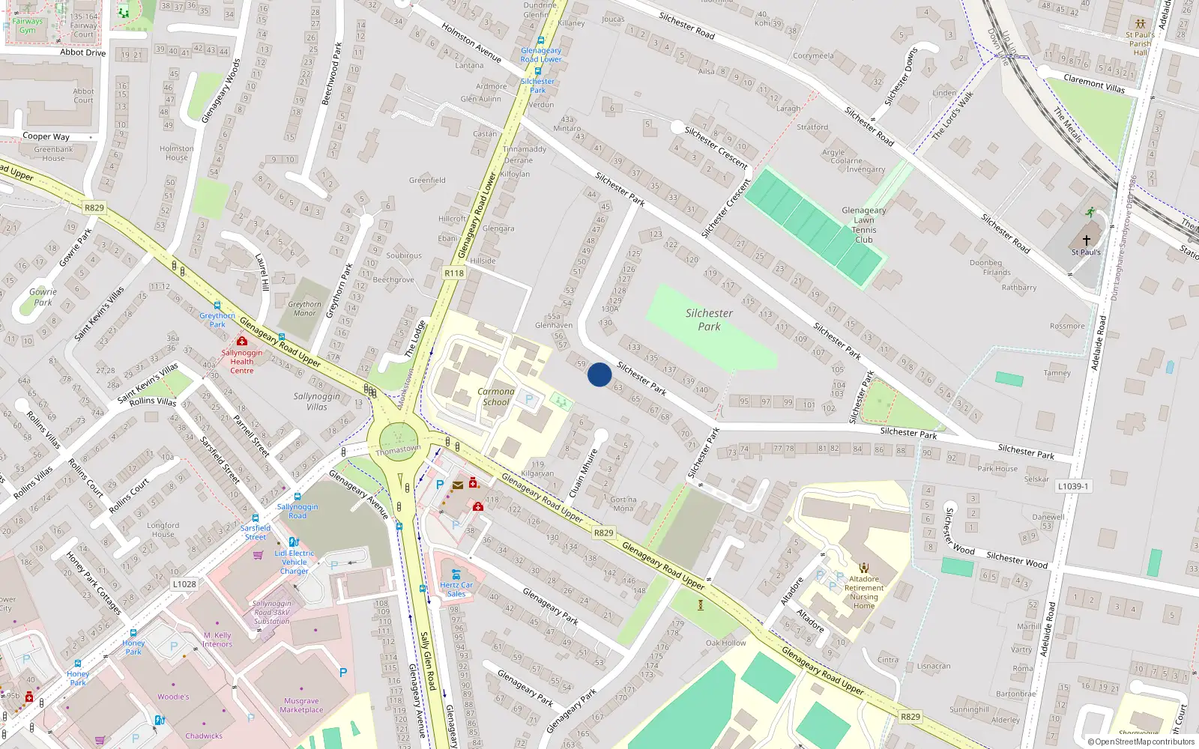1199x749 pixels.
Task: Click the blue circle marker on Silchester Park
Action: [599, 374]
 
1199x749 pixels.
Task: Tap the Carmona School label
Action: [496, 397]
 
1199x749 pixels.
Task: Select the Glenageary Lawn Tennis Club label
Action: [863, 225]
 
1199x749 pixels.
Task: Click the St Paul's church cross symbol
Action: [1086, 240]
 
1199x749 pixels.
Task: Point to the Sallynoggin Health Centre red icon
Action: [241, 341]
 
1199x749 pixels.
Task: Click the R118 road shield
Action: [454, 273]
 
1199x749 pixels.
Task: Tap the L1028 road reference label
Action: [184, 584]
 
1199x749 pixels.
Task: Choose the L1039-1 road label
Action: [1073, 486]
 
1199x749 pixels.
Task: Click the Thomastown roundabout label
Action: [398, 450]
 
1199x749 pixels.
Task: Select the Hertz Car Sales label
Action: [456, 589]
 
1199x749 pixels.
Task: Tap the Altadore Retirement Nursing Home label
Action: [864, 592]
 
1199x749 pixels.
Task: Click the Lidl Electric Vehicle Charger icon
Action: [294, 542]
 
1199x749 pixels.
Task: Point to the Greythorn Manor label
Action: [304, 309]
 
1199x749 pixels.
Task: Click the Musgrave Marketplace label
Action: [302, 706]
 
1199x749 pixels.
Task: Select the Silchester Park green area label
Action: [709, 320]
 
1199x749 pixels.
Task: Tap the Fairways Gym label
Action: [28, 25]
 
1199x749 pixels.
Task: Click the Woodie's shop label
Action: [173, 697]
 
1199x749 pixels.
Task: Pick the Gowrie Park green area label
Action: [43, 297]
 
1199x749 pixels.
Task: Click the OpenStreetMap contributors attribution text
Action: [1141, 742]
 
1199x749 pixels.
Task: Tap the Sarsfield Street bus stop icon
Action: [256, 518]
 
